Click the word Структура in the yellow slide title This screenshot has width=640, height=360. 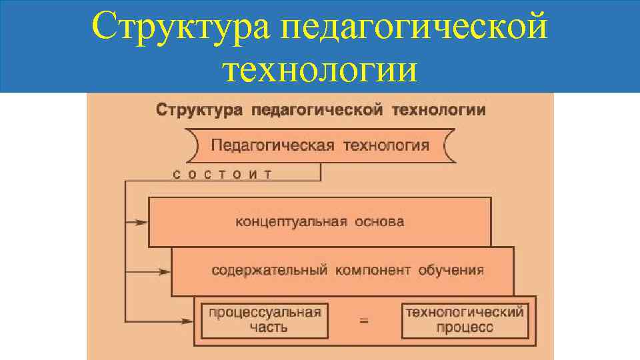181,28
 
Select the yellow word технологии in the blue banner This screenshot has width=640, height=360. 321,69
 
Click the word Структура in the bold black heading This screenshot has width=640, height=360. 199,110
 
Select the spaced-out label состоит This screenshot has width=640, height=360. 223,175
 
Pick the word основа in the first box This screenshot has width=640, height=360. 379,222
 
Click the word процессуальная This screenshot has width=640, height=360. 265,312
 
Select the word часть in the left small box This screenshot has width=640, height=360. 265,327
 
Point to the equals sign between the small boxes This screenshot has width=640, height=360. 364,321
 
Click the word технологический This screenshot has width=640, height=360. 465,312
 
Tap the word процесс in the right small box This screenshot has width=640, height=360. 465,327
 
